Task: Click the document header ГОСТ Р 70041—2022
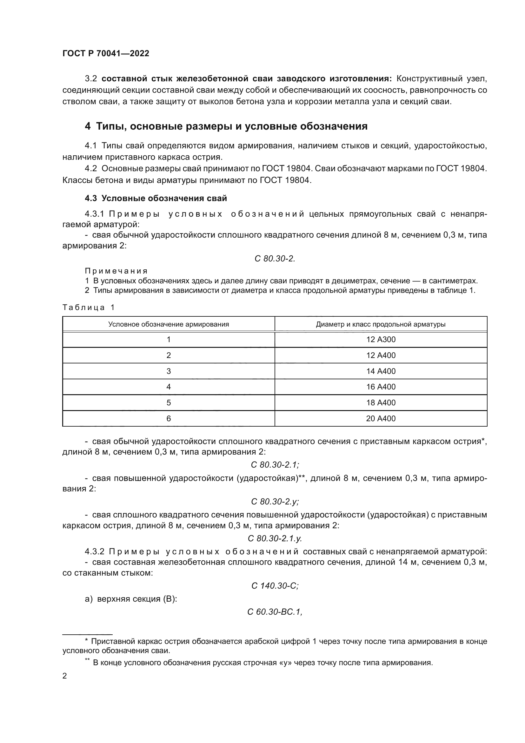106,53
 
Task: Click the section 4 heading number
87,126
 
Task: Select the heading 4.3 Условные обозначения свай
156,198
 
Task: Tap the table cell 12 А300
381,340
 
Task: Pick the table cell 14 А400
381,371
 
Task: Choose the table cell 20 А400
381,418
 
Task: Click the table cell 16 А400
381,387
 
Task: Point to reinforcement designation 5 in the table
169,402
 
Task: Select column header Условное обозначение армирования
169,324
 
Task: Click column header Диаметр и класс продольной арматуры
381,324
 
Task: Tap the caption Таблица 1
88,307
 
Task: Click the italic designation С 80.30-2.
275,259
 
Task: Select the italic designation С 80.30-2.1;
275,465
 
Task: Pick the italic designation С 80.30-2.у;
275,501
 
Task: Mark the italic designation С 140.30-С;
275,586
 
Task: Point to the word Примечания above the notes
116,271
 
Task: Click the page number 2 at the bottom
65,676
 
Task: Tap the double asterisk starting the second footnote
87,661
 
